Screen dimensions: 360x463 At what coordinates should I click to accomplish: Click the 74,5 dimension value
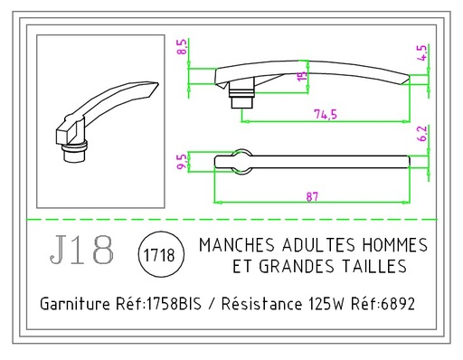314,114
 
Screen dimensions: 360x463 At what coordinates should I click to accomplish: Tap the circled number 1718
159,256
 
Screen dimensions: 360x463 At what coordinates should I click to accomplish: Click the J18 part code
82,251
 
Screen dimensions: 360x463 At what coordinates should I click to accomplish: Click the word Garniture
75,305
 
